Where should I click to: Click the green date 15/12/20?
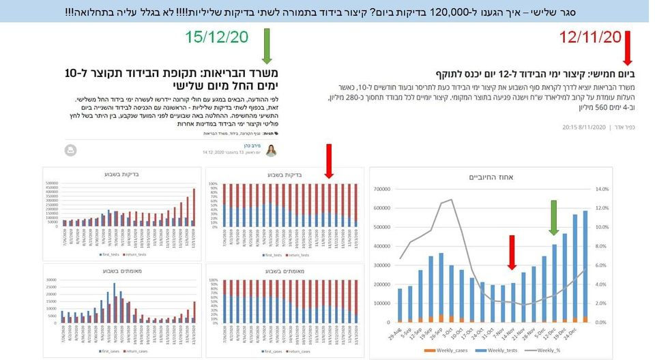pos(216,38)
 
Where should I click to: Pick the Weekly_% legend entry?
pos(551,349)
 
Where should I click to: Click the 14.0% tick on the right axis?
pos(602,190)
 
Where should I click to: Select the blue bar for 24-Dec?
pos(584,266)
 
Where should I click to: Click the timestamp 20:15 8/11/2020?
pos(583,127)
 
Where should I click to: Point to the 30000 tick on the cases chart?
pos(53,279)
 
